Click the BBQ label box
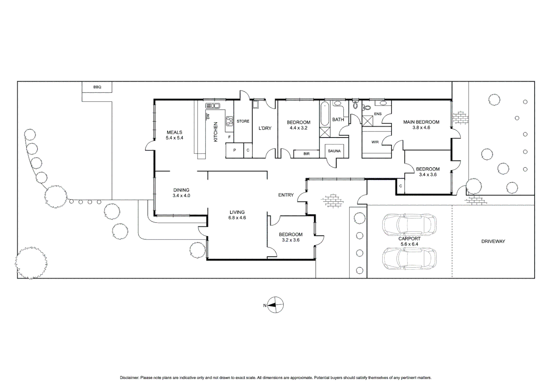[x=97, y=87]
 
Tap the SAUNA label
[x=334, y=151]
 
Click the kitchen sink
[x=212, y=106]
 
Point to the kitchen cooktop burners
[x=229, y=121]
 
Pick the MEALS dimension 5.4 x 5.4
[x=175, y=138]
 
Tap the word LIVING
[x=237, y=212]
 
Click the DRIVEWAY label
[x=493, y=241]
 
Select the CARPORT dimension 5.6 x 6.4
[x=410, y=244]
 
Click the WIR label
[x=375, y=142]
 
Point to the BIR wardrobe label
[x=307, y=154]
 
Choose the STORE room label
[x=243, y=121]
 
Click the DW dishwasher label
[x=208, y=116]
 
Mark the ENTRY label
[x=286, y=195]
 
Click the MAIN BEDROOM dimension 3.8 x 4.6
[x=421, y=128]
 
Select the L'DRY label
[x=265, y=128]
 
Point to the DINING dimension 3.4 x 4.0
[x=181, y=196]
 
